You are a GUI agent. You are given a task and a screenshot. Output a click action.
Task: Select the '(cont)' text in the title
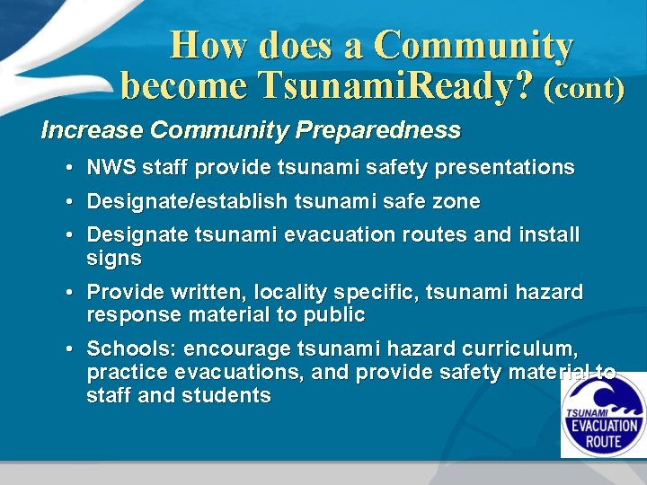pos(584,87)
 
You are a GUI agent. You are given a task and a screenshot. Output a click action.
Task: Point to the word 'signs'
pos(114,259)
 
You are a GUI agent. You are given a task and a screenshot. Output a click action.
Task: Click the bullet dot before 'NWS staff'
pos(69,168)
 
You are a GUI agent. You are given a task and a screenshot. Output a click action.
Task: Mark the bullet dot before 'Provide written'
pos(69,293)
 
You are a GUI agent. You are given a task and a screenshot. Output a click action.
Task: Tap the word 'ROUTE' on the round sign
pos(602,442)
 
